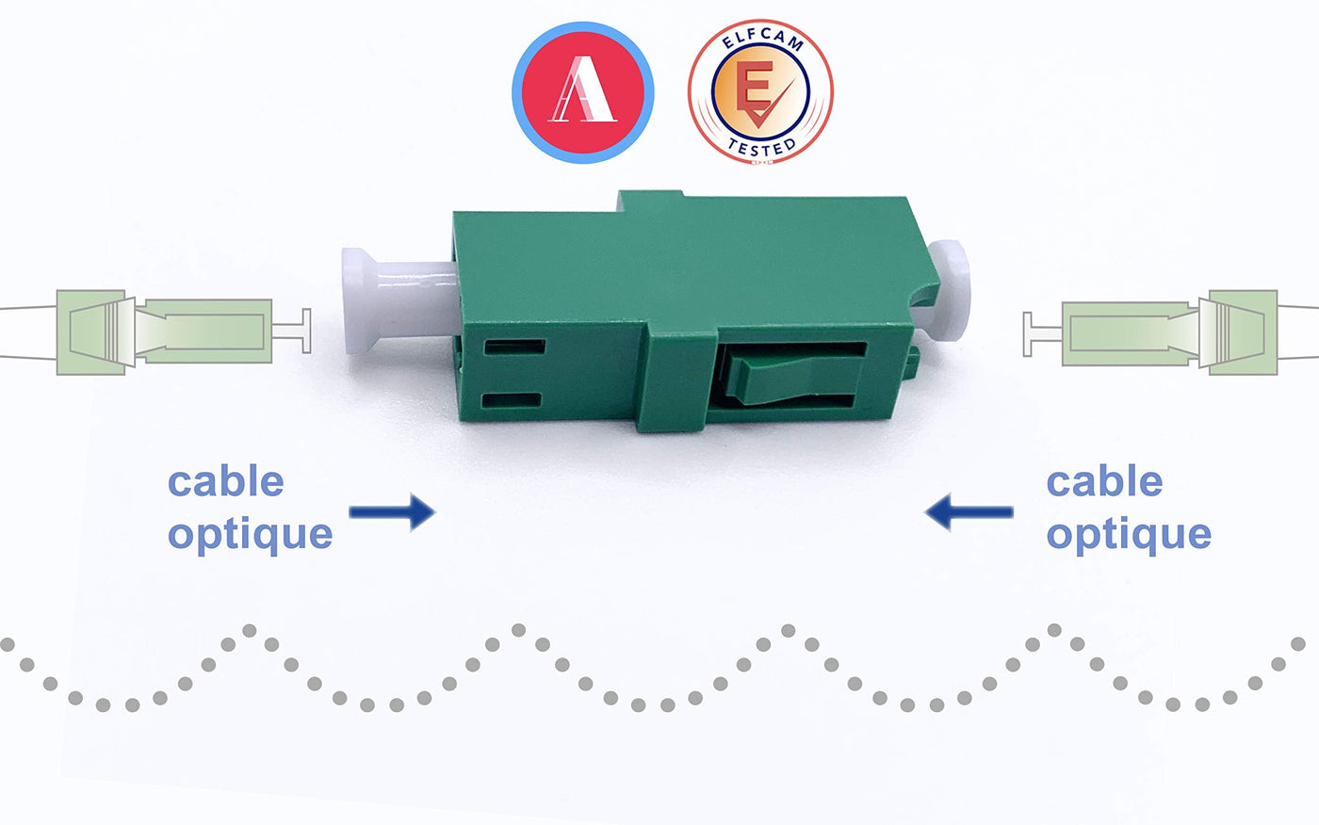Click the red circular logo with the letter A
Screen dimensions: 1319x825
click(x=583, y=92)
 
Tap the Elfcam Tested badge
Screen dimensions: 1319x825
click(x=760, y=91)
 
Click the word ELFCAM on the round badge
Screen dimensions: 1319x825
click(x=761, y=40)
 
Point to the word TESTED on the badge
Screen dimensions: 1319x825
click(x=761, y=148)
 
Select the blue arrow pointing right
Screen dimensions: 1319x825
click(x=392, y=512)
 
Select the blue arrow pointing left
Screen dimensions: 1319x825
click(x=969, y=512)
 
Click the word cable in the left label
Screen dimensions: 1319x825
click(x=226, y=481)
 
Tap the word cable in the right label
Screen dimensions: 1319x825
click(x=1104, y=481)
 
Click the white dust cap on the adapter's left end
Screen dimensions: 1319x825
click(x=398, y=300)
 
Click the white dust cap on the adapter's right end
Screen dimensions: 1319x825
click(x=946, y=290)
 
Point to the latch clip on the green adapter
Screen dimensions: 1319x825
click(x=792, y=375)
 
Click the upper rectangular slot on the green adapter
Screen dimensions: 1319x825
click(x=514, y=347)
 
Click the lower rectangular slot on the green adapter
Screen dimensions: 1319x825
click(x=511, y=401)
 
